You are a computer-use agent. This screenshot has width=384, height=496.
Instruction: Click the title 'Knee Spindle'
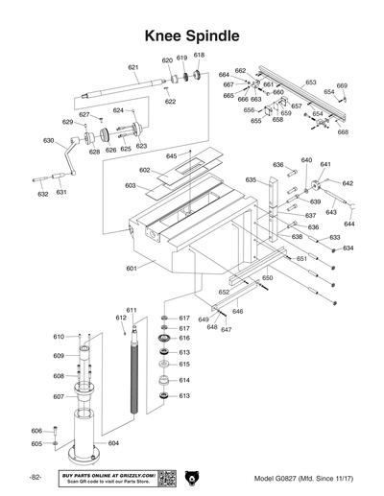coord(191,35)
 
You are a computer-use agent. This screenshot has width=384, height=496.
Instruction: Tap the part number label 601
coord(132,269)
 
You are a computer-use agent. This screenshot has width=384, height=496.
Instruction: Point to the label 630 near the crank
coord(48,140)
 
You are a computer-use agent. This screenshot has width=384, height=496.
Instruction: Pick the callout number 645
coord(171,155)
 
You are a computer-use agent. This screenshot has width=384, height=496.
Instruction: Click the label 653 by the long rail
coord(310,83)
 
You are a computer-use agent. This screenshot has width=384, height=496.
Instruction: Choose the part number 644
coord(348,223)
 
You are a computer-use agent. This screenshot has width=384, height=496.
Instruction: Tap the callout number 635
coord(251,179)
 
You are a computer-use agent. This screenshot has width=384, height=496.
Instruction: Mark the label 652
coord(223,292)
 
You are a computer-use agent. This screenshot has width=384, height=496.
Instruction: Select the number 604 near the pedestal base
coord(113,442)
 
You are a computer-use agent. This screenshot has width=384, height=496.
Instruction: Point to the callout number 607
coord(58,396)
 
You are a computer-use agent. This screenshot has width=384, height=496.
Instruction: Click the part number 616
coord(184,339)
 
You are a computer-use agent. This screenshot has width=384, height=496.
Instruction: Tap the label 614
coord(184,380)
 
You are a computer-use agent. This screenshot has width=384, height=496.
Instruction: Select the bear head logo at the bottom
coord(191,477)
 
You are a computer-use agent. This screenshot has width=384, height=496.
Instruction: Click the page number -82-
coord(34,478)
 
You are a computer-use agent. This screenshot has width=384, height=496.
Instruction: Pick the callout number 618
coord(199,55)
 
